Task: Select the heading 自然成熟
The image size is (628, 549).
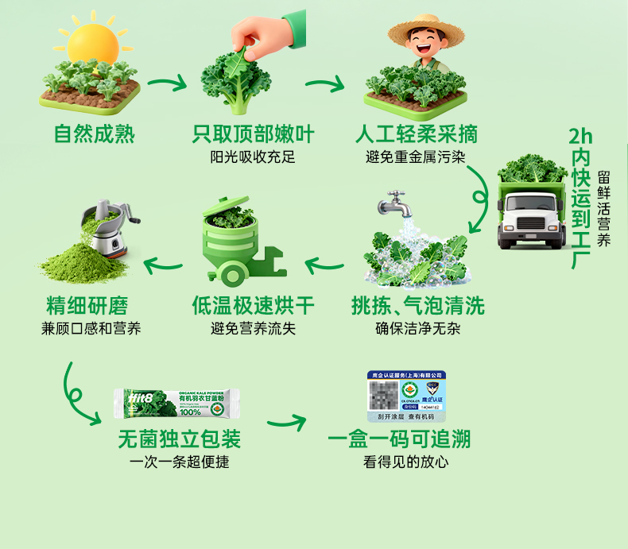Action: click(x=94, y=133)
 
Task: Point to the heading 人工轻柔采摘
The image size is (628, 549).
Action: click(x=417, y=133)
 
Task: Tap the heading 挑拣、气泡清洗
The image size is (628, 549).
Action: click(x=417, y=305)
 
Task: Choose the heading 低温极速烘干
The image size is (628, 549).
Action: click(x=253, y=305)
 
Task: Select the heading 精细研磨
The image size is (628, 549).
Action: click(x=87, y=305)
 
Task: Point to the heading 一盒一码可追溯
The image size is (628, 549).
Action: click(x=405, y=439)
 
